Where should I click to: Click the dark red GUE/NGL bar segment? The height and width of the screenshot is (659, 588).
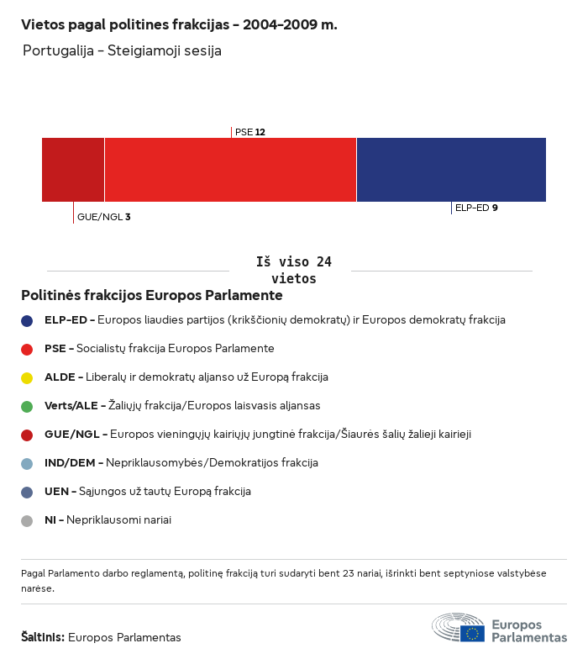pyautogui.click(x=73, y=170)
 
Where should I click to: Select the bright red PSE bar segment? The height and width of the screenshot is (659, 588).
pyautogui.click(x=230, y=170)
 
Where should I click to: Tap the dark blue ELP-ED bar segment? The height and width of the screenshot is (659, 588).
pyautogui.click(x=451, y=170)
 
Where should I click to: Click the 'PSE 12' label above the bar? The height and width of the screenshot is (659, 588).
pyautogui.click(x=250, y=132)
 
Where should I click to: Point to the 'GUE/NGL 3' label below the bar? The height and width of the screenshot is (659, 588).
pyautogui.click(x=103, y=217)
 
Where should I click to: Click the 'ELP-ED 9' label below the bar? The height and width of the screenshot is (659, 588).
pyautogui.click(x=476, y=208)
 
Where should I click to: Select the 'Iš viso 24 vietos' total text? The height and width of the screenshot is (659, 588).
pyautogui.click(x=293, y=270)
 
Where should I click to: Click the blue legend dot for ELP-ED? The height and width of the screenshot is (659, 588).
pyautogui.click(x=27, y=320)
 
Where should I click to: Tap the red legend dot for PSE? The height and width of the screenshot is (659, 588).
pyautogui.click(x=27, y=349)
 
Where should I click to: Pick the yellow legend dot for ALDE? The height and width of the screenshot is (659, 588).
pyautogui.click(x=27, y=377)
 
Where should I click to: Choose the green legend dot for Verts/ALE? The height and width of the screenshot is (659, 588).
pyautogui.click(x=27, y=406)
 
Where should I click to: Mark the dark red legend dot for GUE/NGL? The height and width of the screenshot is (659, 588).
pyautogui.click(x=27, y=435)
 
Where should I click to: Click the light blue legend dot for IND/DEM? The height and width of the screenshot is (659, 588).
pyautogui.click(x=27, y=463)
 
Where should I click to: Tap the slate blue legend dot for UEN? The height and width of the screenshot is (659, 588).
pyautogui.click(x=27, y=492)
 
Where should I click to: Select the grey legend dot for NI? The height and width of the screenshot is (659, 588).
pyautogui.click(x=27, y=520)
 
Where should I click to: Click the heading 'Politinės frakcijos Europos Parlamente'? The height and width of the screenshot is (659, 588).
pyautogui.click(x=151, y=296)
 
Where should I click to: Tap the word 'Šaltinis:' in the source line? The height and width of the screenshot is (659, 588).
pyautogui.click(x=43, y=637)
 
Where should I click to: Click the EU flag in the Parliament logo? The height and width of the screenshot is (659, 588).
pyautogui.click(x=472, y=633)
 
